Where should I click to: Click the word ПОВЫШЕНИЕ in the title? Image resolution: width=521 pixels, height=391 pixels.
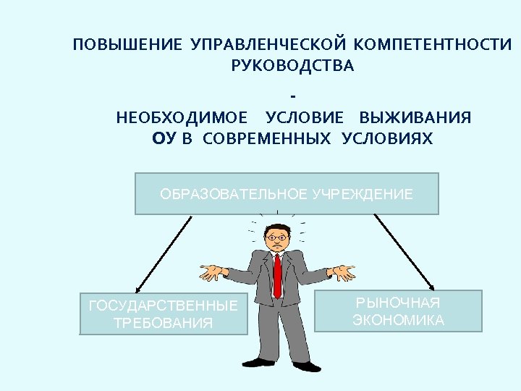[x=127, y=46]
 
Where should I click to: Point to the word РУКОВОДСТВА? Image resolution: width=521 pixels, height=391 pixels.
[x=293, y=67]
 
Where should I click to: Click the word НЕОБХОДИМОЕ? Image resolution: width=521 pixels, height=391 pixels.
[x=181, y=118]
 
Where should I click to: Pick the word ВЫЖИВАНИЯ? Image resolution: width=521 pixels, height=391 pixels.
[x=415, y=118]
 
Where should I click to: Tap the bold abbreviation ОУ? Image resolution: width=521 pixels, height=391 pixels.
[x=164, y=139]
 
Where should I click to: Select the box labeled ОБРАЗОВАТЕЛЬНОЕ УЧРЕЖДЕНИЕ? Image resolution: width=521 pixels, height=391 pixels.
[x=287, y=194]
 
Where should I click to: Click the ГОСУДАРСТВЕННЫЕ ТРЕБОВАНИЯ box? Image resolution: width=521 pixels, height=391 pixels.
[x=163, y=314]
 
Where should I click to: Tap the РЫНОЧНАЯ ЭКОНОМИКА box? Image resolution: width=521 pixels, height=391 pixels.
[x=398, y=311]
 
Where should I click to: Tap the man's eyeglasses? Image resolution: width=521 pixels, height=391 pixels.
[x=276, y=237]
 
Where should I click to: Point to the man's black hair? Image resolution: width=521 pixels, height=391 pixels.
[x=277, y=225]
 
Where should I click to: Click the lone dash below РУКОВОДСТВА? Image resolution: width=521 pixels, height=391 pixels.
[x=292, y=94]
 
